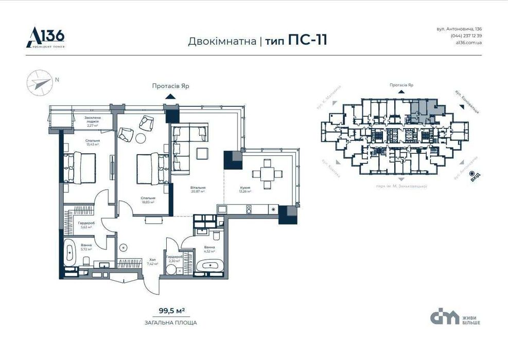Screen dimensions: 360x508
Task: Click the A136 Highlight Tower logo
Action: (45, 37)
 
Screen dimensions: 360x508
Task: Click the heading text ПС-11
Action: (307, 41)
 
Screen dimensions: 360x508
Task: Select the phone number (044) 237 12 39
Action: (466, 35)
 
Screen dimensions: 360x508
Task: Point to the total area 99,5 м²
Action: (171, 310)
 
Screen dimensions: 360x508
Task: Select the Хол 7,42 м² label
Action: (152, 261)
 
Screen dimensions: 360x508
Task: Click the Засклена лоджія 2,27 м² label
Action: (93, 121)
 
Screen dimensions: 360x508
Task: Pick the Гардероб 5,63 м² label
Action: (85, 225)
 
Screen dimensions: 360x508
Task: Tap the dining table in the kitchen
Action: (267, 173)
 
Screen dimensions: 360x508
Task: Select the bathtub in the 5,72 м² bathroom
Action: (70, 254)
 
